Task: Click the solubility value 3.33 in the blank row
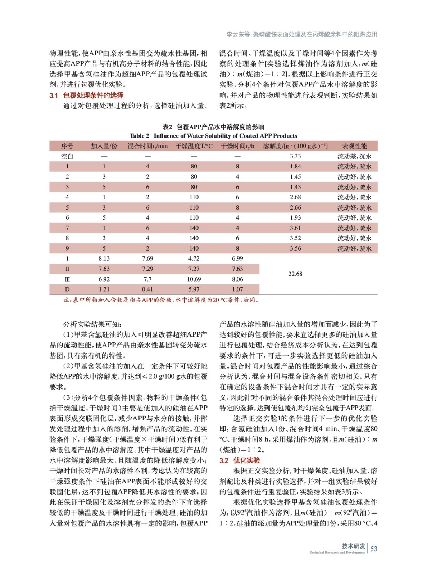(x=295, y=156)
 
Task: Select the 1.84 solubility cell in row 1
(x=295, y=166)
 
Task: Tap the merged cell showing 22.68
(x=295, y=274)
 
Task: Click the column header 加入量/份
(x=104, y=146)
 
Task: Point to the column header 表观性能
(x=354, y=146)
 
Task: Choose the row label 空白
(x=67, y=156)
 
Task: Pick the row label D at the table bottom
(x=67, y=289)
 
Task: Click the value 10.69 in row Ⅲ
(x=194, y=279)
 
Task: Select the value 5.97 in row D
(x=194, y=289)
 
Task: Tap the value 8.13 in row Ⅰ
(x=104, y=258)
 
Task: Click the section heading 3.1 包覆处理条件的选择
(x=86, y=95)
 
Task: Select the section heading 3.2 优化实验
(x=240, y=460)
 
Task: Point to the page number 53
(x=374, y=549)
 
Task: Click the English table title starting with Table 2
(x=213, y=136)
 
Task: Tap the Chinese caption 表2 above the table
(x=213, y=127)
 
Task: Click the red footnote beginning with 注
(x=161, y=300)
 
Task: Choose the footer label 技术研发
(x=353, y=546)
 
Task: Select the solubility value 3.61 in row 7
(x=295, y=228)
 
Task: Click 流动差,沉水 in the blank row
(x=354, y=156)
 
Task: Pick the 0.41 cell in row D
(x=147, y=289)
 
